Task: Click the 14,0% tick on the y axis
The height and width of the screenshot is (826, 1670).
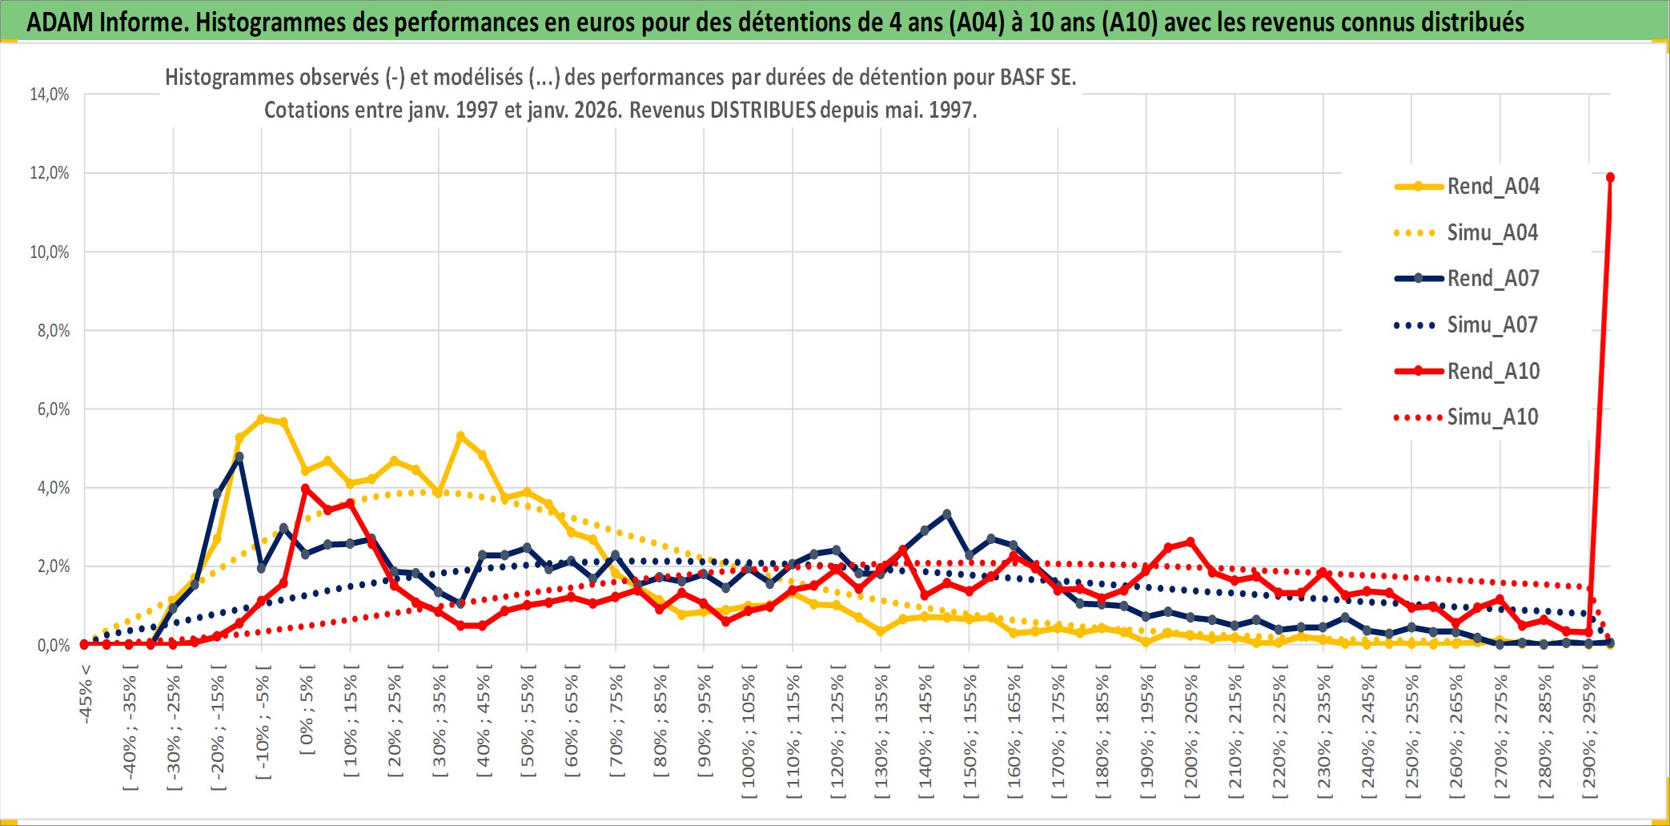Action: pos(50,95)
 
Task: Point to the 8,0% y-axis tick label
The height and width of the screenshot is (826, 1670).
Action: pos(53,331)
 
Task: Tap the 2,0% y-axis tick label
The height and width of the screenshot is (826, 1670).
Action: pos(53,566)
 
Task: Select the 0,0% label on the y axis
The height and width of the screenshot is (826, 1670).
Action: pos(53,645)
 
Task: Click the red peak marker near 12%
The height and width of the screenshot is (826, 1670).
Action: pos(1610,177)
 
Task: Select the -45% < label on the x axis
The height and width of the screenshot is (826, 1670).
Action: pos(86,694)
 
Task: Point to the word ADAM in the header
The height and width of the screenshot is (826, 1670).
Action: pos(59,22)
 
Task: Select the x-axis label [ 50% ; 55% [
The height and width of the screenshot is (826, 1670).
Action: pos(528,726)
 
